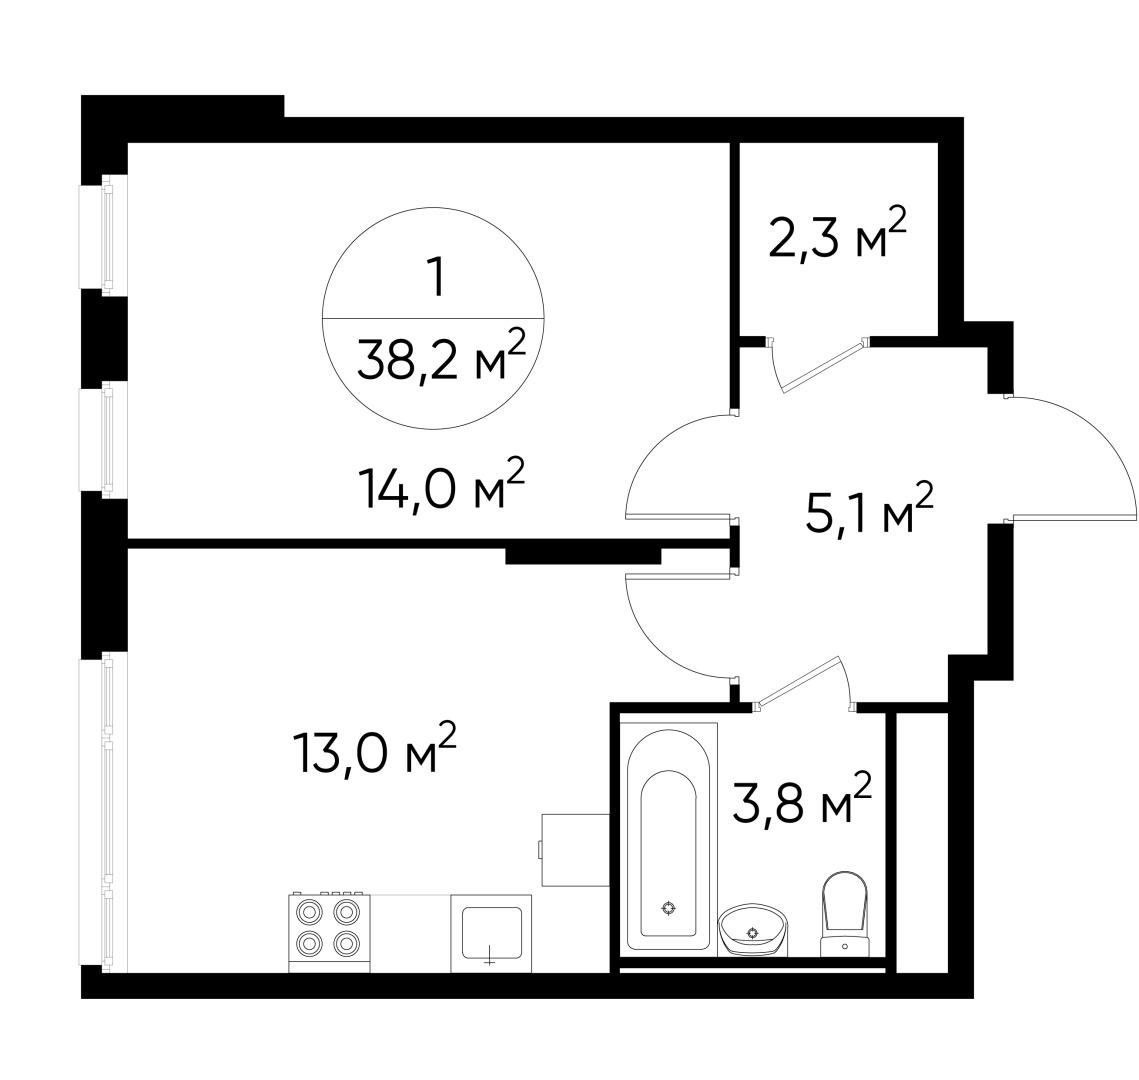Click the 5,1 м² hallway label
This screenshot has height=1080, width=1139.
pyautogui.click(x=869, y=508)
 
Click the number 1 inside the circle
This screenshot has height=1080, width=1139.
pyautogui.click(x=436, y=277)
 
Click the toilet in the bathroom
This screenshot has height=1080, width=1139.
pyautogui.click(x=845, y=914)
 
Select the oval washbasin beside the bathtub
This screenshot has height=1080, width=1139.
pyautogui.click(x=753, y=930)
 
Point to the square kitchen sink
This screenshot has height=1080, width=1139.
pyautogui.click(x=491, y=933)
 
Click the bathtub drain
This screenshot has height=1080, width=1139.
pyautogui.click(x=668, y=908)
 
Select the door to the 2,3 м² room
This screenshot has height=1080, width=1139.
pyautogui.click(x=822, y=366)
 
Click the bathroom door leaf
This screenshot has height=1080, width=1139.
pyautogui.click(x=799, y=680)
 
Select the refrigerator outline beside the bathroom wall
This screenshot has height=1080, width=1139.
pyautogui.click(x=574, y=849)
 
